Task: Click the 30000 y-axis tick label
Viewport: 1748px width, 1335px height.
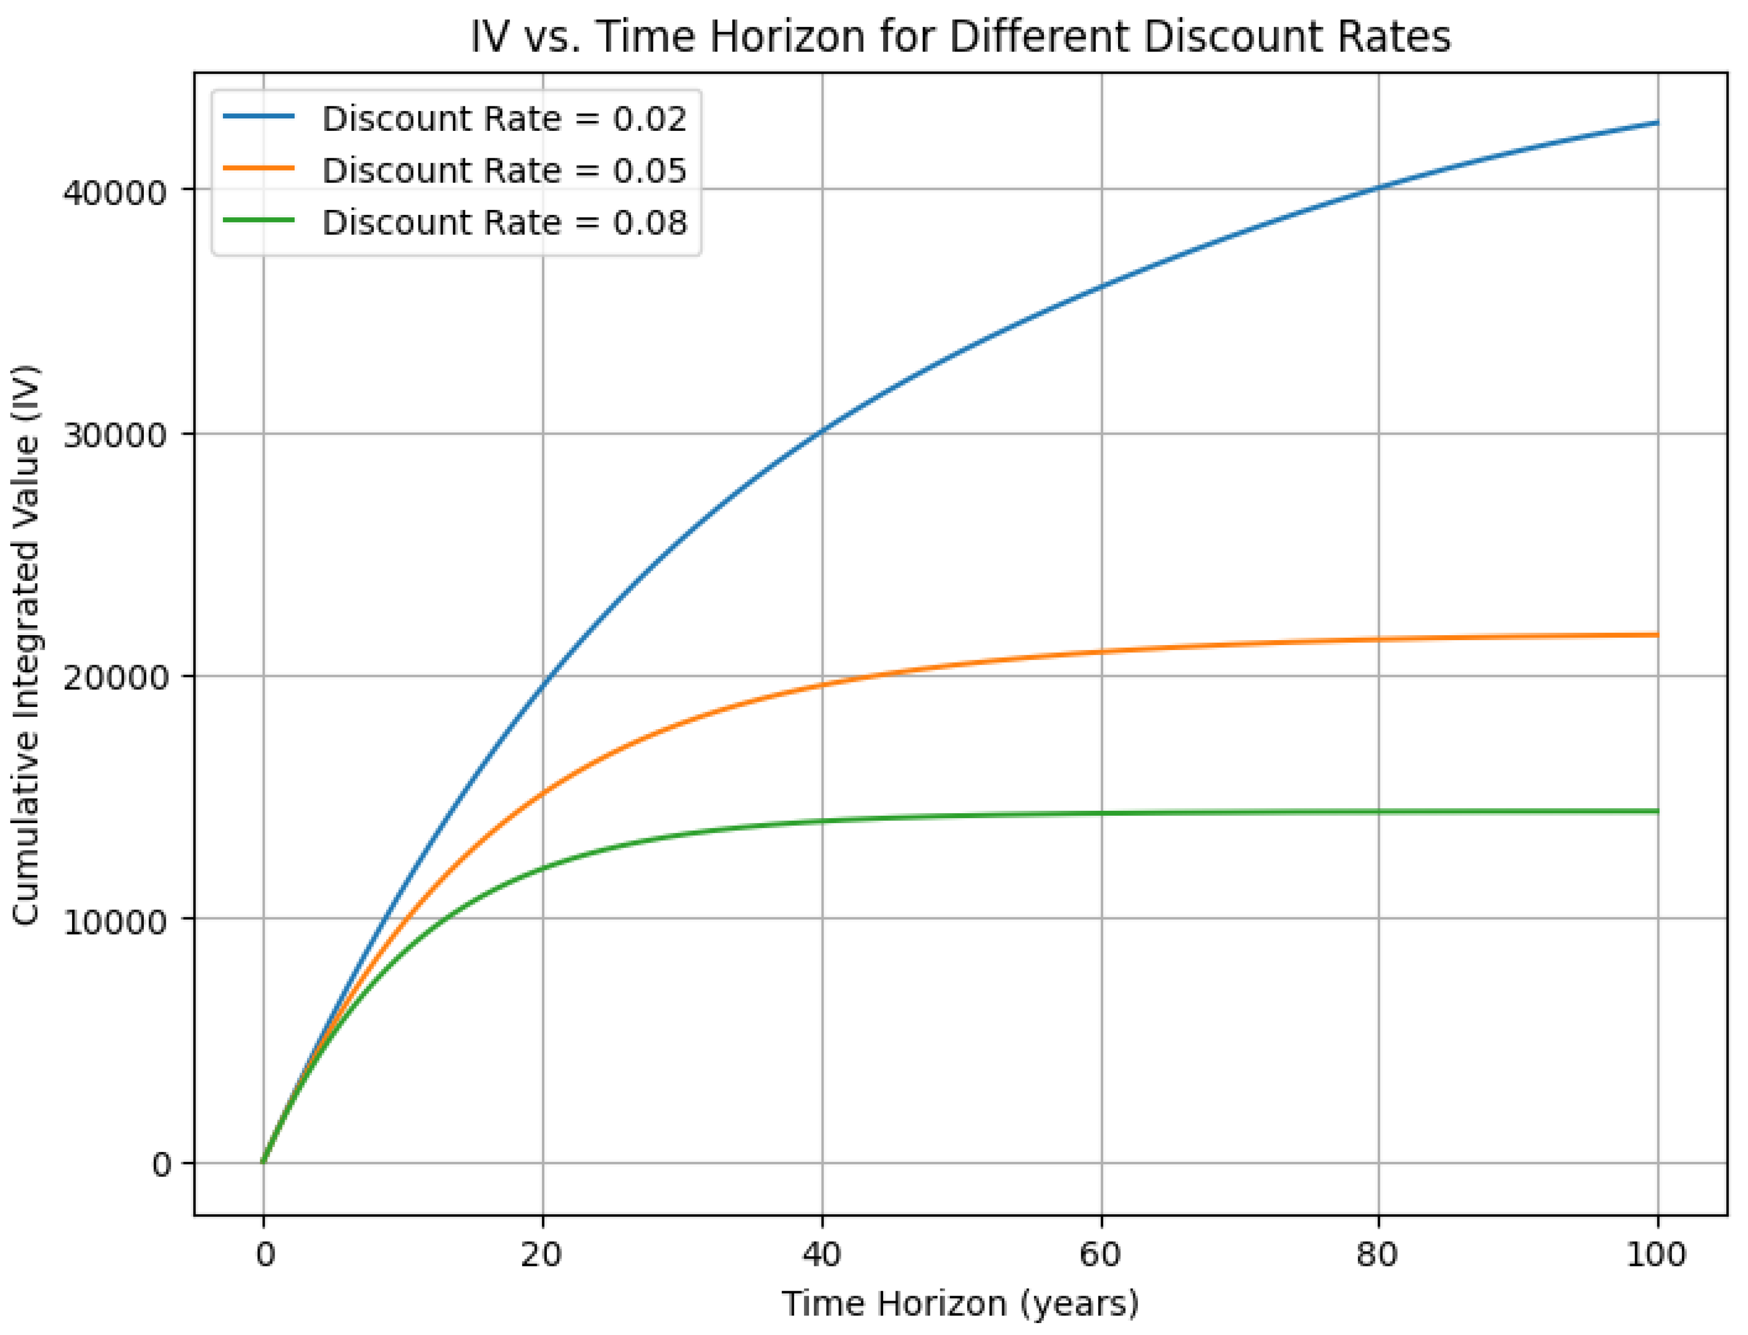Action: (115, 435)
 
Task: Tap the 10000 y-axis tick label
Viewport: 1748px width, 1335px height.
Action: (115, 922)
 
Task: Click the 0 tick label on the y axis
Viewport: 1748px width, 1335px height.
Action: (161, 1165)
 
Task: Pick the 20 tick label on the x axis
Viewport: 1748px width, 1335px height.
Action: (542, 1255)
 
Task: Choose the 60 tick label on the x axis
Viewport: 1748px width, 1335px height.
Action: (1101, 1255)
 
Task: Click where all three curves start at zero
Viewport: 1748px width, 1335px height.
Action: (263, 1162)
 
